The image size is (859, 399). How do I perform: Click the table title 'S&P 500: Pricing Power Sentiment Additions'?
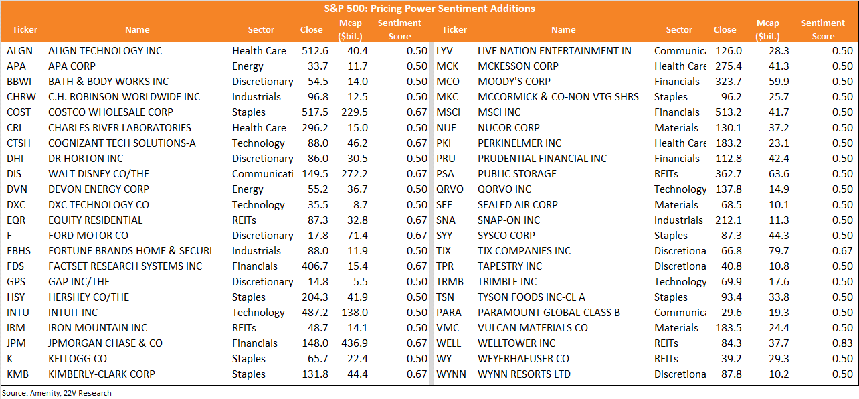[x=429, y=9]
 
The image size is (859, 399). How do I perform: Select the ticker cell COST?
[x=19, y=112]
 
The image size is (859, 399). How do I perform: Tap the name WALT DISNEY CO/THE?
[x=98, y=174]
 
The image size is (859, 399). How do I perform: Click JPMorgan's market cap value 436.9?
[x=355, y=343]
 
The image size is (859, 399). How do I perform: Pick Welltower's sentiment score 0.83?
[x=842, y=343]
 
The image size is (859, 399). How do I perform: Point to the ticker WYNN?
[x=451, y=374]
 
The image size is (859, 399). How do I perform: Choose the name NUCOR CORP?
[x=508, y=128]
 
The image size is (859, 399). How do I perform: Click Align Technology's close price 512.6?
[x=315, y=51]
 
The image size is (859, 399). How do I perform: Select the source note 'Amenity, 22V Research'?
[x=70, y=393]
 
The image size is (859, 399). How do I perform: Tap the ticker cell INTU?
[x=17, y=312]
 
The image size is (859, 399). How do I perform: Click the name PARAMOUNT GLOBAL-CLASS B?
[x=549, y=312]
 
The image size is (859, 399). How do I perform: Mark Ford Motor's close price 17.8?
[x=318, y=235]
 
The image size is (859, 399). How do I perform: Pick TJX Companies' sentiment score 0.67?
[x=842, y=251]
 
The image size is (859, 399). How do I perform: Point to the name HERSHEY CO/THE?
[x=88, y=297]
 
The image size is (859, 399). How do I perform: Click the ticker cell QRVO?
[x=450, y=189]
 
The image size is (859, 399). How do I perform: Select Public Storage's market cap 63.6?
[x=779, y=174]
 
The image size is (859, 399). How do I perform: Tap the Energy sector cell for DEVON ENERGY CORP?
[x=248, y=189]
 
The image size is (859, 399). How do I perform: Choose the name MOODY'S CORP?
[x=514, y=81]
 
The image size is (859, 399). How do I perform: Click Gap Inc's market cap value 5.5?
[x=360, y=282]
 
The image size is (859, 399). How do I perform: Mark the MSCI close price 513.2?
[x=729, y=112]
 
